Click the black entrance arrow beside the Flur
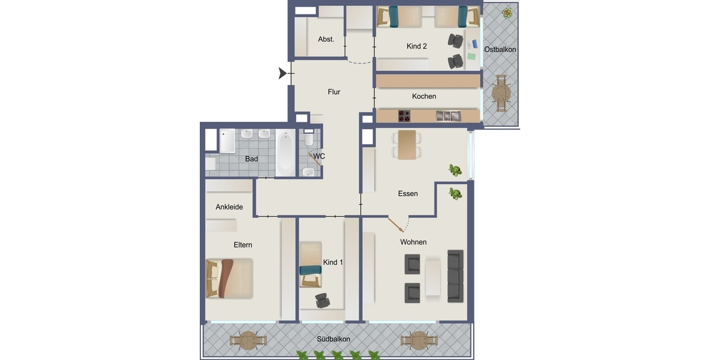tap(282, 73)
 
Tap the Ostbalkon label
tap(500, 49)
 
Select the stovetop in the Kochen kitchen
tap(404, 116)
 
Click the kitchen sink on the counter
tap(448, 116)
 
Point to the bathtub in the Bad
tap(285, 153)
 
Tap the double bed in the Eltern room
tap(229, 278)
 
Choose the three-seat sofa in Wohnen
tap(455, 277)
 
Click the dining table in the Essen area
tap(407, 145)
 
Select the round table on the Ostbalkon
tap(501, 94)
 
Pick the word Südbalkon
tap(334, 339)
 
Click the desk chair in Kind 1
tap(322, 301)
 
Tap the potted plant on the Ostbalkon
tap(508, 13)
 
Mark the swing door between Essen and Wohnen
tap(395, 224)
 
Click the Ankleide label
tap(229, 207)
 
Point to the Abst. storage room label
tap(326, 39)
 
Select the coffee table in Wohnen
tap(433, 278)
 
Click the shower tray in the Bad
tap(227, 141)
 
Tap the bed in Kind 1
tap(311, 264)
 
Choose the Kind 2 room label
tap(416, 46)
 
